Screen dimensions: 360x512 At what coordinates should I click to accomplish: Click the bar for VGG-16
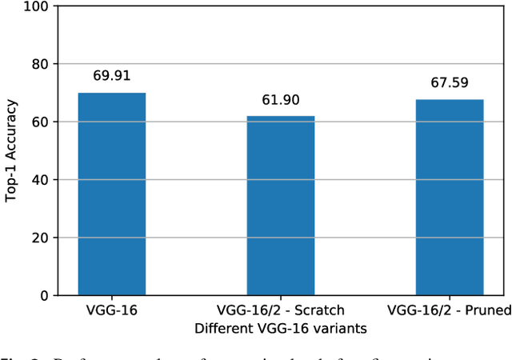pos(111,194)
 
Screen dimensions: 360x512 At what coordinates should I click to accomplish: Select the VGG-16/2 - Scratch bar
pos(281,206)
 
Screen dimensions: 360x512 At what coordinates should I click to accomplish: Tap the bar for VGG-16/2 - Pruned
pos(450,197)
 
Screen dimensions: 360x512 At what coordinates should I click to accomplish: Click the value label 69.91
pos(111,77)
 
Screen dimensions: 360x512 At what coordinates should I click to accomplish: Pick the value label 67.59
pos(450,83)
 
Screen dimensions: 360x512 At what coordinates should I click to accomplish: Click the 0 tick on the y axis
pos(45,296)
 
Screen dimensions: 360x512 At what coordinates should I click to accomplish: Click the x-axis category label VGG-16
pos(111,311)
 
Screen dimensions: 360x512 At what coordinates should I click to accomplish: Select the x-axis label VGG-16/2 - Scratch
pos(281,311)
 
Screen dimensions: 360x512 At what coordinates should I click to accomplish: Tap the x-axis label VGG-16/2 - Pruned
pos(450,311)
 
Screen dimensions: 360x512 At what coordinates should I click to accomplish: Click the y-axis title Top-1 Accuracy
pos(11,150)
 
